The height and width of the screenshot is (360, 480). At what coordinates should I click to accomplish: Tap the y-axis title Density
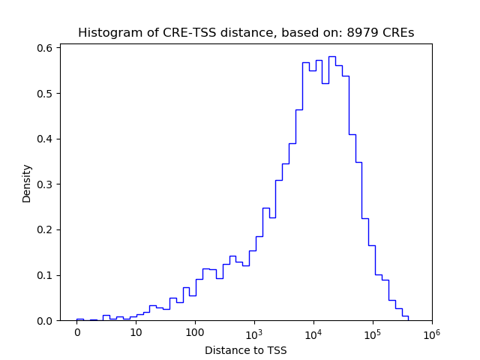27,183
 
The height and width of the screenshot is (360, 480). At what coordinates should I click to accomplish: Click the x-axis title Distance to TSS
245,350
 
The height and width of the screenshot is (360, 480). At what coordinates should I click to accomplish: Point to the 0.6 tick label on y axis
45,48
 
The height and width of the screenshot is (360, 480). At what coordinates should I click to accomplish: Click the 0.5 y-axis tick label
45,94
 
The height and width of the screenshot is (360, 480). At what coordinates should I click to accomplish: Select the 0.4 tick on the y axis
45,139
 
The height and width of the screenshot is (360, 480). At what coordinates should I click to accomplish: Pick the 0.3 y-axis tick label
45,184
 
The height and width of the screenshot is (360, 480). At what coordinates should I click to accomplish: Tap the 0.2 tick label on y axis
45,229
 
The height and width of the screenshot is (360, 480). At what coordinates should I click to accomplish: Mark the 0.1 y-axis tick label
45,275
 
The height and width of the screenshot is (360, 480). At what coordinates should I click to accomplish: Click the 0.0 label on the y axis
45,320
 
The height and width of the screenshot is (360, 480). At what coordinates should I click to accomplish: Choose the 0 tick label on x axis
76,332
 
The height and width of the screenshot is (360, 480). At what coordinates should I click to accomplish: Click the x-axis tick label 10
136,332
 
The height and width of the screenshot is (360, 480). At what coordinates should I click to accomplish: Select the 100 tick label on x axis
195,332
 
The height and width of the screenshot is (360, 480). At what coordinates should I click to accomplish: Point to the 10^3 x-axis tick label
254,331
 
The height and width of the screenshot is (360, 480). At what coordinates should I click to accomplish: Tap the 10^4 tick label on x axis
313,331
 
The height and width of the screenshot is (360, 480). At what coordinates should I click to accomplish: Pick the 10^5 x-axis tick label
372,331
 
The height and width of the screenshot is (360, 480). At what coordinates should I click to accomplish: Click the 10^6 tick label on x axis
431,331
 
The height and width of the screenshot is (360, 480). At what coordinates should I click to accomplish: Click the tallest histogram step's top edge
331,56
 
